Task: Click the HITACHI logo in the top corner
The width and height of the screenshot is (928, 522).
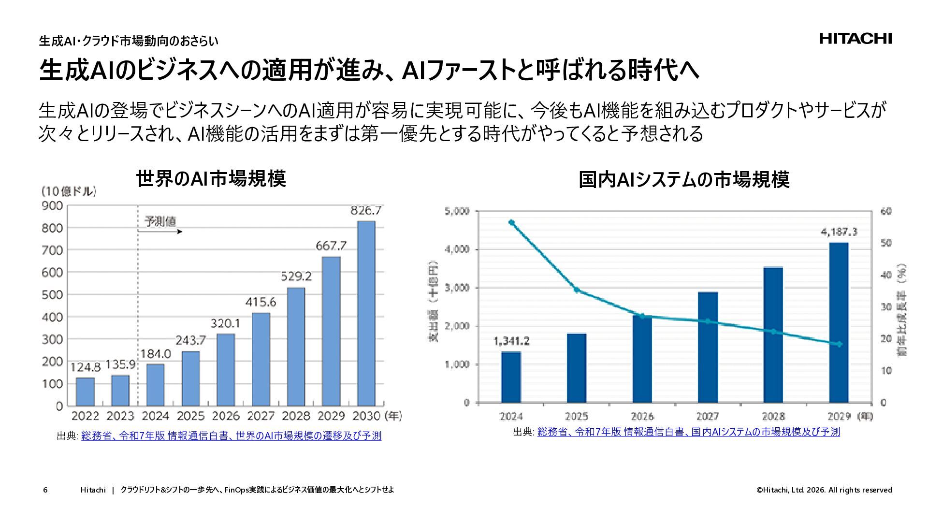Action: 855,39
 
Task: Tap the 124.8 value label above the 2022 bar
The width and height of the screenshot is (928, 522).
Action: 86,367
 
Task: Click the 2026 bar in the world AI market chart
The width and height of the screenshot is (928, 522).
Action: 226,370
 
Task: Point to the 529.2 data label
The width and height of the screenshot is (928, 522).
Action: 296,277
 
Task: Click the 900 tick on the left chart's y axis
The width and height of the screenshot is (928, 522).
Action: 53,206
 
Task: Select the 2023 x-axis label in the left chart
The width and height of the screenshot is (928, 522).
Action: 120,416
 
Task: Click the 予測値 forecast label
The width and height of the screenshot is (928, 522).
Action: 160,221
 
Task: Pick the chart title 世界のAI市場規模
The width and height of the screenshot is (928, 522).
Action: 211,178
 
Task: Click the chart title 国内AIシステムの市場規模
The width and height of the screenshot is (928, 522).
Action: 684,180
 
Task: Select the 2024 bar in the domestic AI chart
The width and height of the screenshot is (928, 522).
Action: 511,377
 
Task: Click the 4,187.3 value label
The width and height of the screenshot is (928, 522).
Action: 839,232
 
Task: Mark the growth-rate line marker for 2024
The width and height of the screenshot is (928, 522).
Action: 511,223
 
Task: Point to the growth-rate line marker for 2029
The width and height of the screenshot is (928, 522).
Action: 839,344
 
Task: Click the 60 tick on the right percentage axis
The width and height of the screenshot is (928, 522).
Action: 886,211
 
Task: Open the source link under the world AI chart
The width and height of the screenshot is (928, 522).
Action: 231,436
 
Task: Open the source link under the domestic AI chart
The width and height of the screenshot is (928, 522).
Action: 688,432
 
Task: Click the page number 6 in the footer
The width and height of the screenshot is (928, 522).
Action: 45,490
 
